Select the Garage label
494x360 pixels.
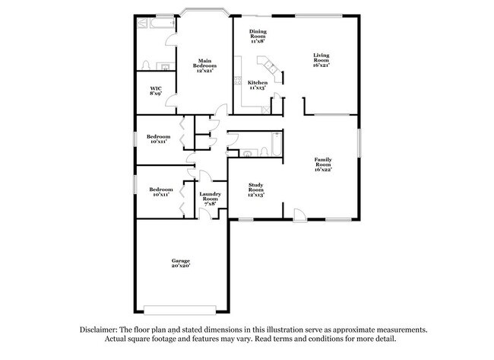coord(180,260)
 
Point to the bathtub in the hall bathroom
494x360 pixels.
coord(277,143)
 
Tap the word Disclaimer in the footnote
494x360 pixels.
coord(98,330)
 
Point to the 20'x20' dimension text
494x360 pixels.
coord(180,266)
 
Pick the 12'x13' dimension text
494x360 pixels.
coord(255,195)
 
